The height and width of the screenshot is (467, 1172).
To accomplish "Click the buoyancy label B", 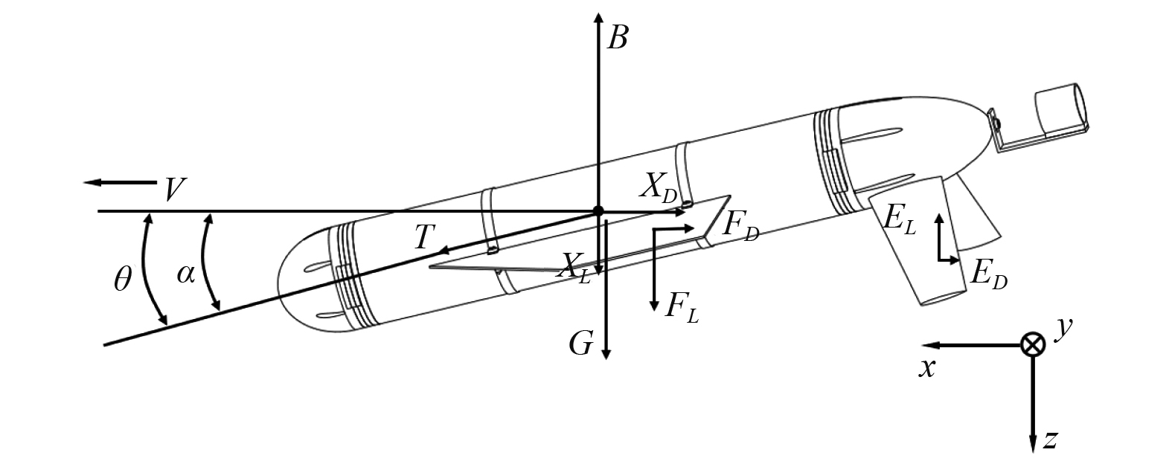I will [617, 36].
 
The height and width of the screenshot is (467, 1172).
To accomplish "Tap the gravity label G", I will [581, 344].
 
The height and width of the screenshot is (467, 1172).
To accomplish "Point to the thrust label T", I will [423, 237].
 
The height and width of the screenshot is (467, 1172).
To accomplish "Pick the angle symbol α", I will [186, 274].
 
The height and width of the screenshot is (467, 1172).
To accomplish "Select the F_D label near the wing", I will [740, 227].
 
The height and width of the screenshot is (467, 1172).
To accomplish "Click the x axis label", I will [926, 367].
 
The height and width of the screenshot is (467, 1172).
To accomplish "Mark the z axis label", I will [1050, 439].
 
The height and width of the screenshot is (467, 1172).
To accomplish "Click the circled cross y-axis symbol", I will [1032, 345].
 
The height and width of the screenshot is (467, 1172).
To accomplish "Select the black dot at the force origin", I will [598, 211].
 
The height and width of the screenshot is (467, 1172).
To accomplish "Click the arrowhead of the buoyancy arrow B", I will [598, 16].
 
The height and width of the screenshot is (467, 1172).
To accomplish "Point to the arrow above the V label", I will [119, 182].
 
